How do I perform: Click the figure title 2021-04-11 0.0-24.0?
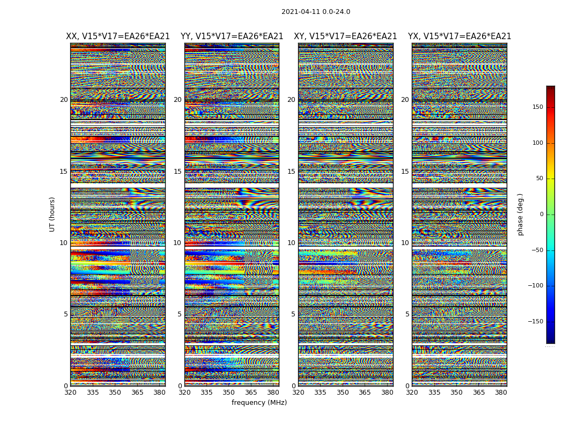(315, 12)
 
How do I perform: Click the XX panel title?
(118, 36)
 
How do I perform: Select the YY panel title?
(232, 36)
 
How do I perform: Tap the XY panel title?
(345, 36)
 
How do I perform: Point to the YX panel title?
(460, 36)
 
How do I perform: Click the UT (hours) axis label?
(52, 214)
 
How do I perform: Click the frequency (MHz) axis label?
(259, 403)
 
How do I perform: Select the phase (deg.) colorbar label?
(520, 214)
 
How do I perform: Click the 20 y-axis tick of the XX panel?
(64, 100)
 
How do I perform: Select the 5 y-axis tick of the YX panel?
(407, 314)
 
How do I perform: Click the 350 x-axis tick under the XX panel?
(115, 393)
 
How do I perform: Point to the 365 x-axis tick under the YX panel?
(479, 393)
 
